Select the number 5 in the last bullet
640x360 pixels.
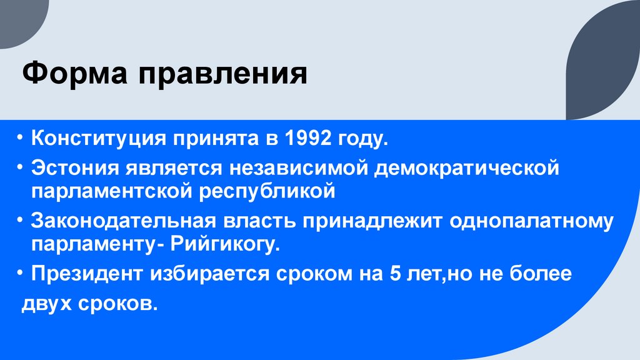[x=395, y=274]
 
